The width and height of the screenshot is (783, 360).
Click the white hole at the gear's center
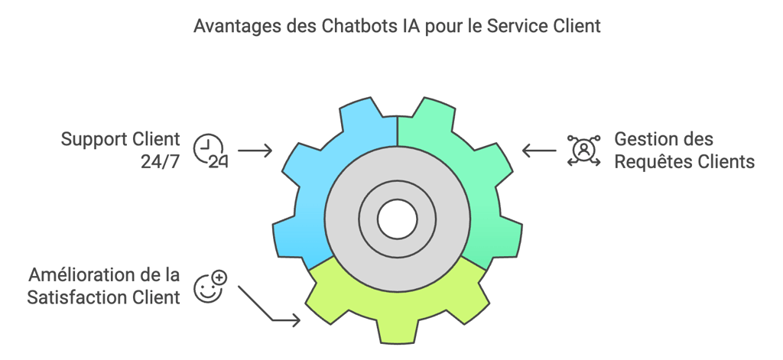coord(397,220)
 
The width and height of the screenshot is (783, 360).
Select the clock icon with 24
coord(209,150)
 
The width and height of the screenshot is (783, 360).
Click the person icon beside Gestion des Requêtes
coord(583,150)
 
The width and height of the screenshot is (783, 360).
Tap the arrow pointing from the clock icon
coord(255,151)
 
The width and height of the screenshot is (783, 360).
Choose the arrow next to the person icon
coord(540,151)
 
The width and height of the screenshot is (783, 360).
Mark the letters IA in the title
coord(411,26)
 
